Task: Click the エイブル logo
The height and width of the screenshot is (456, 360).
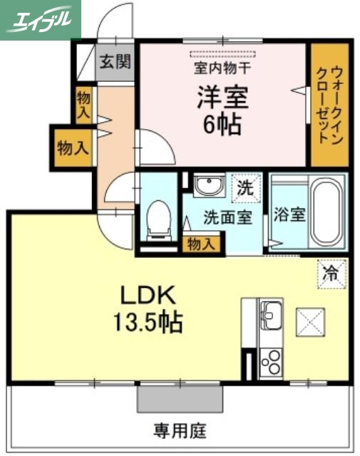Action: tap(41, 19)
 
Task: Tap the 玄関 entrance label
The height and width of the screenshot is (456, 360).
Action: tap(115, 62)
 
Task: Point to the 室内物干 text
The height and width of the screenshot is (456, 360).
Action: tap(222, 69)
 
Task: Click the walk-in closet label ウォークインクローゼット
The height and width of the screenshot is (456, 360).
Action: tap(329, 105)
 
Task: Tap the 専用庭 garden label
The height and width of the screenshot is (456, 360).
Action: tap(180, 430)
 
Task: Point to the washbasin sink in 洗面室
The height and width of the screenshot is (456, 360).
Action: tap(208, 187)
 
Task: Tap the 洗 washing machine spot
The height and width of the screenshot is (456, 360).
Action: tap(244, 189)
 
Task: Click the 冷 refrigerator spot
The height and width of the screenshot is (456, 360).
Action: tap(331, 272)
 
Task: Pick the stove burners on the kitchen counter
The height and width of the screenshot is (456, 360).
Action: tap(271, 363)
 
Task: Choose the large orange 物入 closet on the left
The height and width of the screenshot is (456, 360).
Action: tap(73, 148)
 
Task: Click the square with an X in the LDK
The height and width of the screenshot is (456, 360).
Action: tap(311, 321)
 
